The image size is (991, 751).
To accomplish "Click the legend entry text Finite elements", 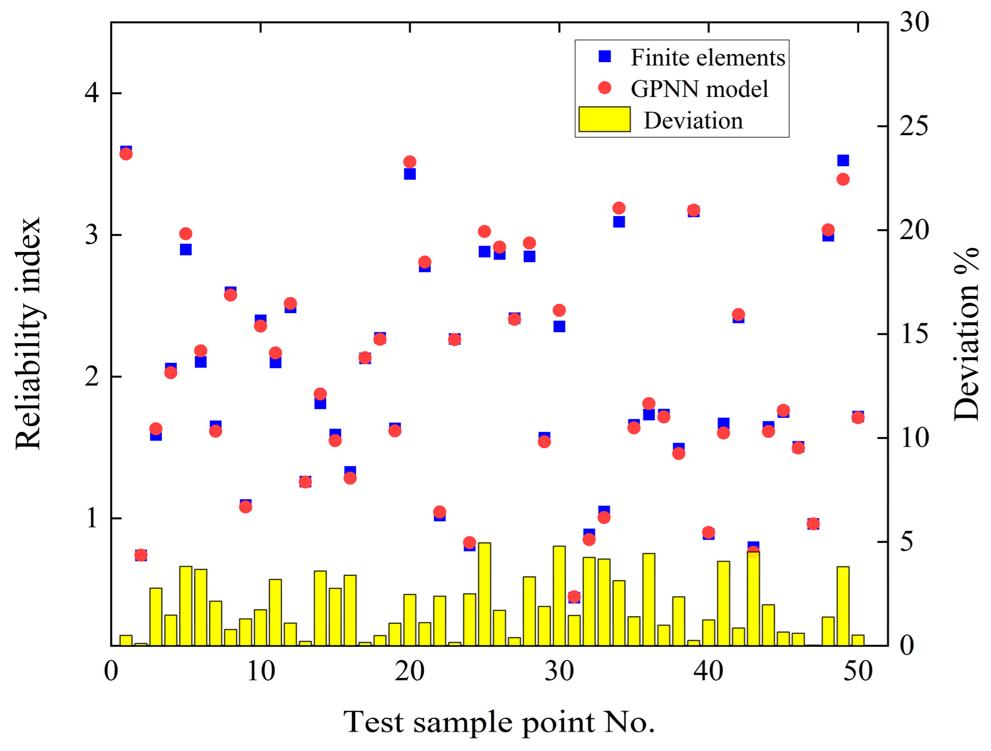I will coord(707,58).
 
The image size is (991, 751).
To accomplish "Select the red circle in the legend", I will coord(605,88).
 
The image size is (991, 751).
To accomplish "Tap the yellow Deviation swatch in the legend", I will coord(604,120).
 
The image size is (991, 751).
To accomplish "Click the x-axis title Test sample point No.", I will coord(499,722).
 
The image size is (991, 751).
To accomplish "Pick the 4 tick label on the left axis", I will coord(92,93).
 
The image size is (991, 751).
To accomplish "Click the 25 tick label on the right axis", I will coord(914,126).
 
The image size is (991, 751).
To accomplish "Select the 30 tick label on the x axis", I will coord(559,671).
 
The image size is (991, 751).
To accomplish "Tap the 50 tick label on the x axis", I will coord(858,671).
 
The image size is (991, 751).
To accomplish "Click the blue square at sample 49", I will coord(843,161).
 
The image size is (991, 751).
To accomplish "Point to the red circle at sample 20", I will coord(410,162).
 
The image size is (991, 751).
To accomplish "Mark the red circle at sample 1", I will coord(126,154).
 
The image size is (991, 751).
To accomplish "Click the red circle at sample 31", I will coord(574,597).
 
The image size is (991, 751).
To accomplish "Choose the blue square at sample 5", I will coord(186,250).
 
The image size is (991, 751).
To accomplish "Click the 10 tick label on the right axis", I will coord(914,438).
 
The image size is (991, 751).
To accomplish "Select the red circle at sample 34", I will coord(619,208).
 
